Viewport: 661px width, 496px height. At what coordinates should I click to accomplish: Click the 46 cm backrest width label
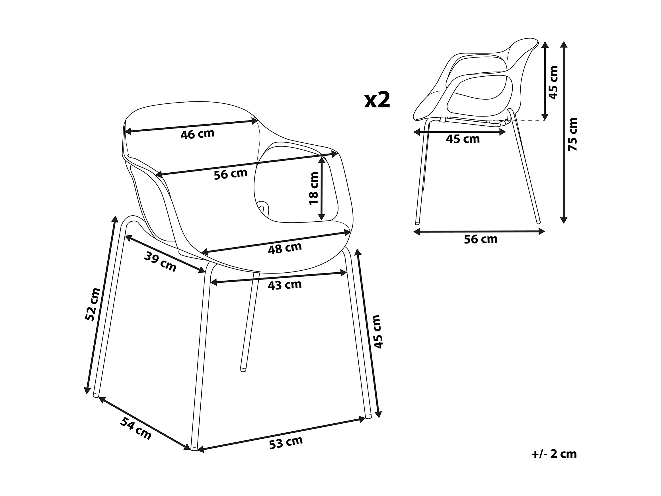point(198,134)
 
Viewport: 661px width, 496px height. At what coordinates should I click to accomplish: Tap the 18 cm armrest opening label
point(314,188)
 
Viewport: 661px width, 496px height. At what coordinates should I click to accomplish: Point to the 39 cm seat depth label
point(160,262)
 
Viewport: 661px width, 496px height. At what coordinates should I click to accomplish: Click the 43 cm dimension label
point(284,285)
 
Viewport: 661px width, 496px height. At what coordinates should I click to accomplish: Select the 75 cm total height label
point(572,134)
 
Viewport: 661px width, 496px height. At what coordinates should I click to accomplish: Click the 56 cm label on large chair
point(231,174)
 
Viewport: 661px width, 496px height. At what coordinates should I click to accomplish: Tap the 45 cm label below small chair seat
point(463,139)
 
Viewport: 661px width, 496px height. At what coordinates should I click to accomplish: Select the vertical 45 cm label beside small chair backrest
point(553,83)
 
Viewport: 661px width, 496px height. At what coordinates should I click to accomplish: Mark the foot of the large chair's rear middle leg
point(243,370)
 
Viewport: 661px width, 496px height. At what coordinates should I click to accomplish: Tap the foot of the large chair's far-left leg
point(96,395)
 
